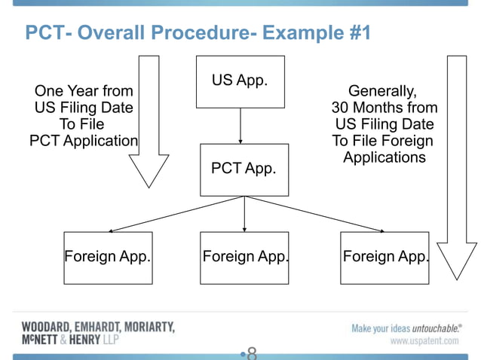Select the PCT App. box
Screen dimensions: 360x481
tap(244, 169)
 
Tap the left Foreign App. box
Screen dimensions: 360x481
tap(108, 257)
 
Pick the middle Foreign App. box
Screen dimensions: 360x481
tap(244, 257)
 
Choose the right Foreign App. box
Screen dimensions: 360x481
tap(384, 257)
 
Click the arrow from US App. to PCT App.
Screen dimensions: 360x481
tap(240, 125)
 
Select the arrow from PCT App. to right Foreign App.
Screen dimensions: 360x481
tap(317, 214)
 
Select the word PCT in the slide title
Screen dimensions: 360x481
tap(44, 34)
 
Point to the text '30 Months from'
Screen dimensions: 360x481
tap(384, 108)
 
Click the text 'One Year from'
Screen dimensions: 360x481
tap(84, 92)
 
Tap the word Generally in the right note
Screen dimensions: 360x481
tap(381, 92)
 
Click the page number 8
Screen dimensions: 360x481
tap(252, 352)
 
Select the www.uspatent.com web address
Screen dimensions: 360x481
tap(424, 341)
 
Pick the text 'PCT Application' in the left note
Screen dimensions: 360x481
tap(84, 141)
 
